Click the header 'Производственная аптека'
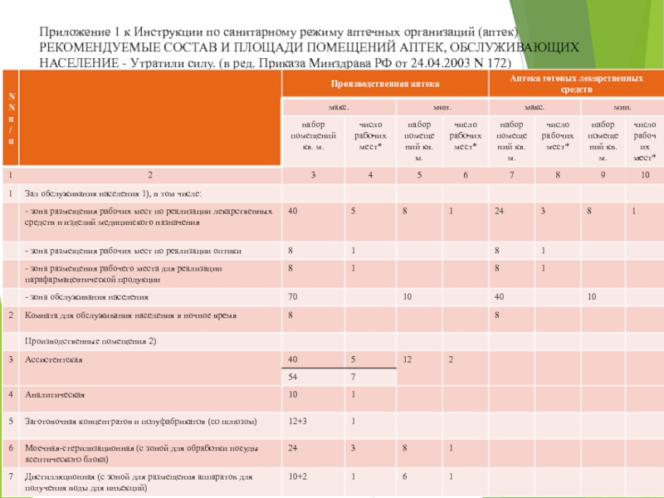(x=385, y=84)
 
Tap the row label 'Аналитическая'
(x=56, y=394)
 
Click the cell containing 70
(x=293, y=296)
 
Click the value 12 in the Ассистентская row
(x=408, y=359)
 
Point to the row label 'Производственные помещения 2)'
(x=90, y=341)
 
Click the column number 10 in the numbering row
(x=645, y=176)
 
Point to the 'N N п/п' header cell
(x=10, y=120)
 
